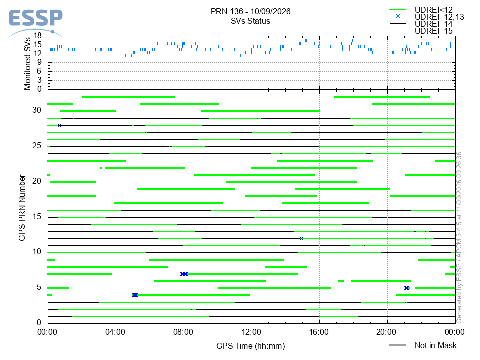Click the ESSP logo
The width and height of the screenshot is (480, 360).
click(x=35, y=22)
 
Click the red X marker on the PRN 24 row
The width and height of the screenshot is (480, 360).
click(x=366, y=153)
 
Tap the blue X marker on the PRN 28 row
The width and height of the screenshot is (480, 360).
click(x=59, y=126)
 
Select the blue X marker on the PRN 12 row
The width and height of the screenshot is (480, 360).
click(x=301, y=239)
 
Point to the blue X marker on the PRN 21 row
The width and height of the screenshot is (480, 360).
click(x=196, y=175)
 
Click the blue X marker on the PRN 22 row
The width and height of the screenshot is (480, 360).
click(x=101, y=168)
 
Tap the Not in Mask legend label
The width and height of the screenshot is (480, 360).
click(x=435, y=345)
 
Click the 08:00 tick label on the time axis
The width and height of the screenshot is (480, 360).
click(x=183, y=332)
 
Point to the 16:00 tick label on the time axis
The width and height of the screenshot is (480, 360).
click(x=319, y=332)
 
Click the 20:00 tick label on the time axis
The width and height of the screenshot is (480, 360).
click(x=387, y=332)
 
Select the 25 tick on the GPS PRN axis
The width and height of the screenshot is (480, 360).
click(x=37, y=146)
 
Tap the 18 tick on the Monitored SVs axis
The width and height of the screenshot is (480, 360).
click(x=37, y=36)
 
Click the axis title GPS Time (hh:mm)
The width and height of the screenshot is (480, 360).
click(x=250, y=346)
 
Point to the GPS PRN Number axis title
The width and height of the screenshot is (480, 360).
click(x=22, y=208)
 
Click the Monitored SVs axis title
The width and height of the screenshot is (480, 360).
click(x=28, y=64)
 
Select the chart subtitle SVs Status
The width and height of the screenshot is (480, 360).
click(x=250, y=21)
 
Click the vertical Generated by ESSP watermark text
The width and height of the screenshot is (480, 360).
click(x=459, y=238)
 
